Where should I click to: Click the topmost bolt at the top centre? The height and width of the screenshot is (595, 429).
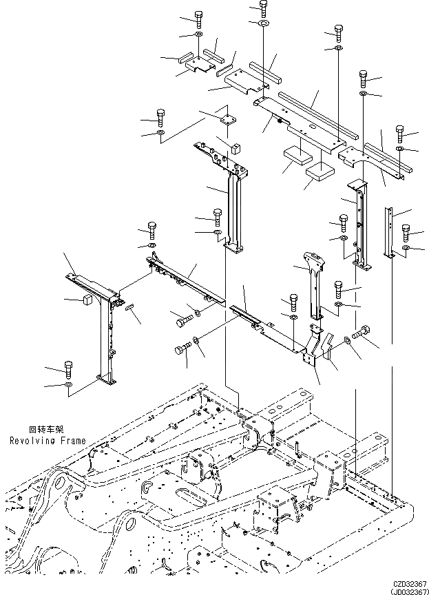click(264, 8)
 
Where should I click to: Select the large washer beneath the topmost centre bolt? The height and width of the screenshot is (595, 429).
click(264, 25)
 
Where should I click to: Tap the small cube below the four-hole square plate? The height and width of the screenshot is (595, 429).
click(236, 147)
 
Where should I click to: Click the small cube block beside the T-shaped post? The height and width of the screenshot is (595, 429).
click(87, 300)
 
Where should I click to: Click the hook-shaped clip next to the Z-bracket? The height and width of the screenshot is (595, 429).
click(330, 346)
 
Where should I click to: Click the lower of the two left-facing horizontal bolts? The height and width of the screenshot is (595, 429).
click(182, 350)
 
